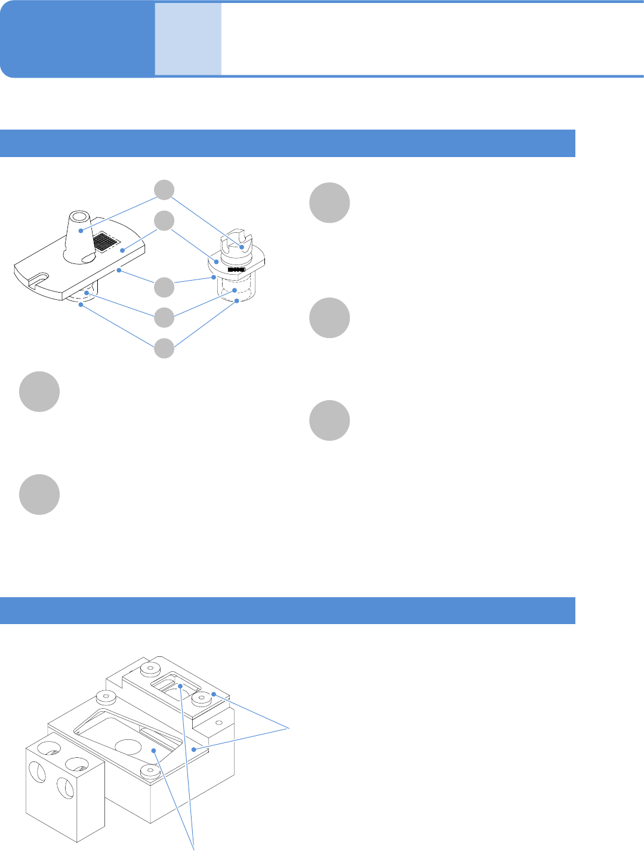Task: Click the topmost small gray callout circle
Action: (165, 190)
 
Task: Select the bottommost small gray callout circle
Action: (165, 348)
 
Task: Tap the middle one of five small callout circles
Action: (165, 288)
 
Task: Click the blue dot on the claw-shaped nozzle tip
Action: (242, 247)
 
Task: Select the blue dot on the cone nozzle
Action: (81, 230)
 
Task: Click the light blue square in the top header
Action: (188, 39)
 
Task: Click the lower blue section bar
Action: (287, 610)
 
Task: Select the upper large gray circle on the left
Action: (39, 392)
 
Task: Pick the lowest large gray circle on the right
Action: (329, 421)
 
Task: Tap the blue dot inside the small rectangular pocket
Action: (180, 686)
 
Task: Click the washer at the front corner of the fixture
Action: (150, 771)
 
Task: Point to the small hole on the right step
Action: (219, 723)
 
